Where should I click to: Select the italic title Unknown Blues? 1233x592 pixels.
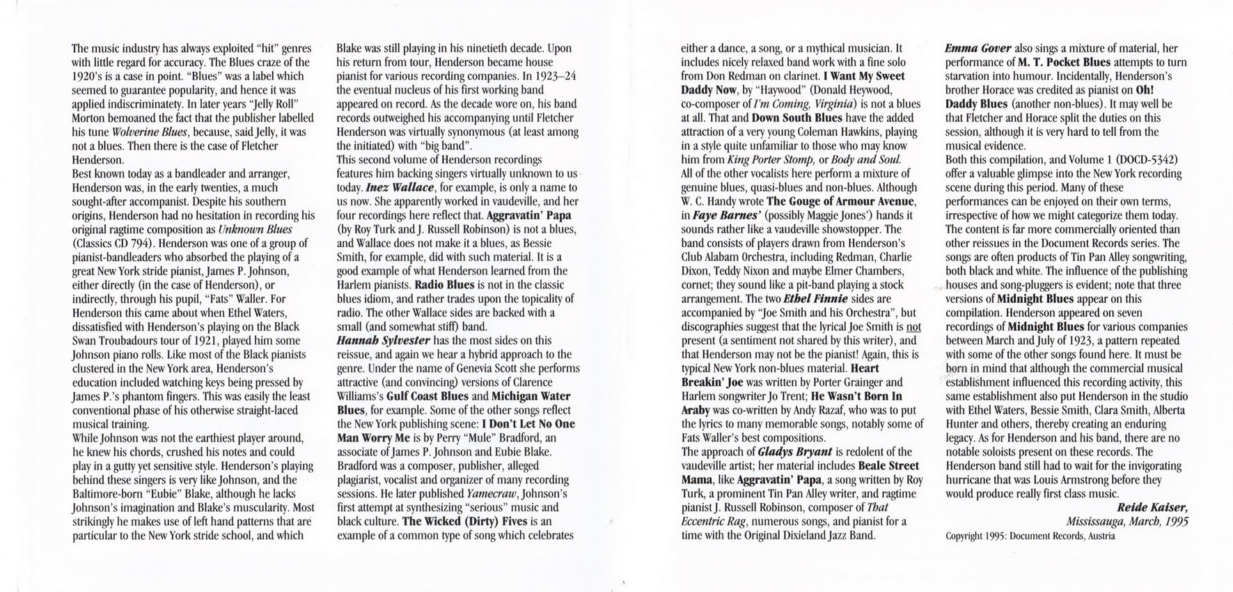pos(255,229)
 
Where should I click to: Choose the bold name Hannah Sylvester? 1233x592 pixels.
pos(384,341)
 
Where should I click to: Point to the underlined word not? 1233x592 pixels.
pos(913,327)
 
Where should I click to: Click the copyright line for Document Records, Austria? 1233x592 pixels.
pos(1030,536)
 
